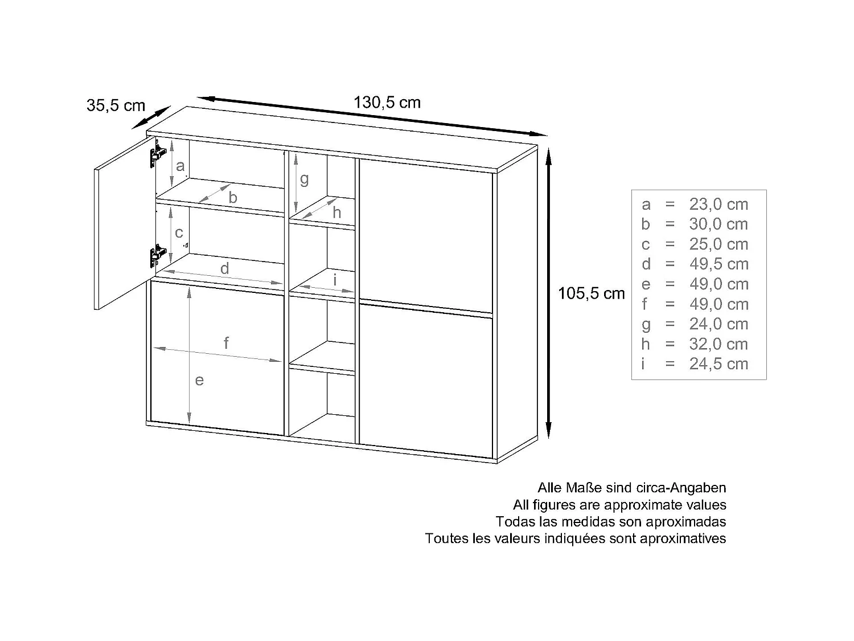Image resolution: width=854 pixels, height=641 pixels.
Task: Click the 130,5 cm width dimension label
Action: coord(387,103)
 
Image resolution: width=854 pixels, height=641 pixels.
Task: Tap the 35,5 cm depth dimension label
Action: coord(116,105)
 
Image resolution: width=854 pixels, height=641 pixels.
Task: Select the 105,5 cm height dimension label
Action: coord(592,293)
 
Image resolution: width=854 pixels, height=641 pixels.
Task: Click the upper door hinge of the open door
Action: coord(158,154)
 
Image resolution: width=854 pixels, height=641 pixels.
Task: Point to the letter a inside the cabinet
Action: coord(180,166)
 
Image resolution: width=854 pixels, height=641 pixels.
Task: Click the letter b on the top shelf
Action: coord(233,198)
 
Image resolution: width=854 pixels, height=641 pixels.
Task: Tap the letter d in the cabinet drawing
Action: coord(225,268)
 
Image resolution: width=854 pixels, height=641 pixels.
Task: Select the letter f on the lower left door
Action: coord(227,343)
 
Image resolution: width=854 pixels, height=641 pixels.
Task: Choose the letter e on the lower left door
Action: coord(199,380)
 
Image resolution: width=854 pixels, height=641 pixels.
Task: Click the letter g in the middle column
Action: coord(305,179)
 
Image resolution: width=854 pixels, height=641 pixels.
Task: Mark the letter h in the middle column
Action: coord(337,213)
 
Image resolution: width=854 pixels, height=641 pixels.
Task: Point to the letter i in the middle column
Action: coord(335,280)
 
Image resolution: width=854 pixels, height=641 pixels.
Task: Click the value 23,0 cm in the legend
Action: coord(718,204)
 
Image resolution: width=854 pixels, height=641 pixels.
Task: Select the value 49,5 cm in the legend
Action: coord(718,264)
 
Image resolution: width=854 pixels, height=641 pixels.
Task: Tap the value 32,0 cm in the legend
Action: coord(718,344)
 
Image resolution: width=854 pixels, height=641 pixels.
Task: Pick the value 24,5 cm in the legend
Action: coord(718,364)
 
